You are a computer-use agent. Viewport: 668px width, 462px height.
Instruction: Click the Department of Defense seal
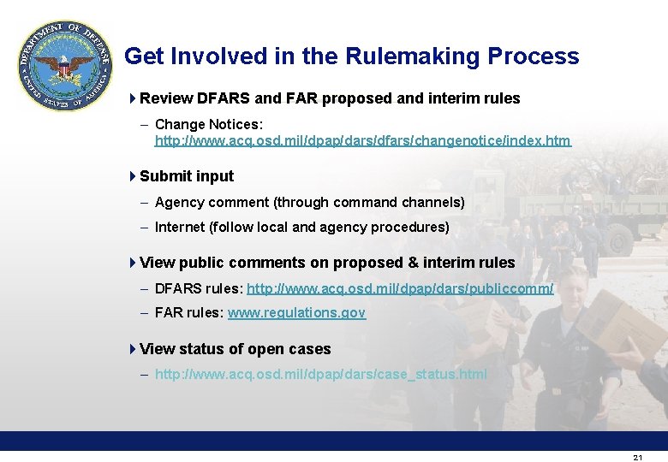coord(64,65)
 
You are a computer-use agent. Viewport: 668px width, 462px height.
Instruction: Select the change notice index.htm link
coord(362,140)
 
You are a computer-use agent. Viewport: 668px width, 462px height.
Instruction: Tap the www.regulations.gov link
coord(296,313)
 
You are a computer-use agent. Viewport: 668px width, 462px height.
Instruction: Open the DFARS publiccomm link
coord(400,288)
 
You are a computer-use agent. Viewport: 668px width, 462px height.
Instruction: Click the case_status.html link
coord(320,374)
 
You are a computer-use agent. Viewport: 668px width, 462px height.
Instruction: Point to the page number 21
coord(637,458)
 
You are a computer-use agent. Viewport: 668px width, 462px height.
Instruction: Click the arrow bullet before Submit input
coord(132,176)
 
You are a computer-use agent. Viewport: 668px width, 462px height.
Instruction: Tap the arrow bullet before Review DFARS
coord(132,98)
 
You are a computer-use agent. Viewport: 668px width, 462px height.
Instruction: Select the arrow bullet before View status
coord(132,349)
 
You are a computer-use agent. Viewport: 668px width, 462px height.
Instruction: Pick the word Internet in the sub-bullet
coord(180,228)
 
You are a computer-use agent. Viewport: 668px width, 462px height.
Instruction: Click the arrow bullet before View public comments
coord(132,263)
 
